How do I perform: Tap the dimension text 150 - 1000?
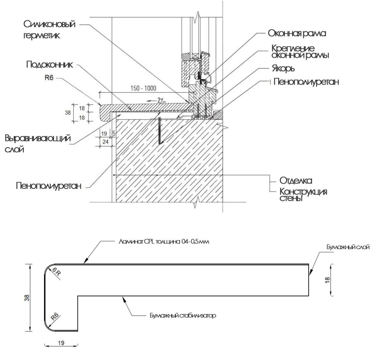pyautogui.click(x=143, y=89)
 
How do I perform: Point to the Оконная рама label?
pyautogui.click(x=297, y=33)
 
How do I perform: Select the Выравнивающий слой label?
pyautogui.click(x=37, y=144)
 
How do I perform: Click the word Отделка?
pyautogui.click(x=296, y=181)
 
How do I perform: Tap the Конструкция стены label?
pyautogui.click(x=303, y=195)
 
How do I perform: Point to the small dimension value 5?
pyautogui.click(x=112, y=133)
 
